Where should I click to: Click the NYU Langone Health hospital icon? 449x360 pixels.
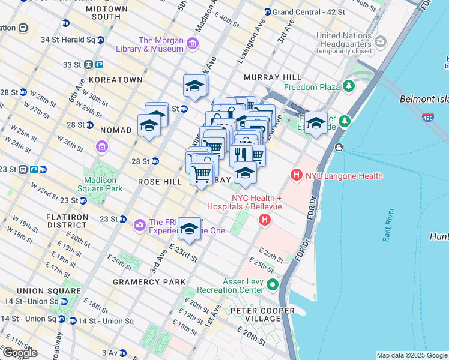(296, 176)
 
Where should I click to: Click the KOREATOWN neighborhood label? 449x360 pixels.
(115, 79)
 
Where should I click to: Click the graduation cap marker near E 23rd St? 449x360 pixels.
(190, 229)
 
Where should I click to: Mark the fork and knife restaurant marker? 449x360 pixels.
(241, 154)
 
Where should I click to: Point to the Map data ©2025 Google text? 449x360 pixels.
(412, 355)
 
